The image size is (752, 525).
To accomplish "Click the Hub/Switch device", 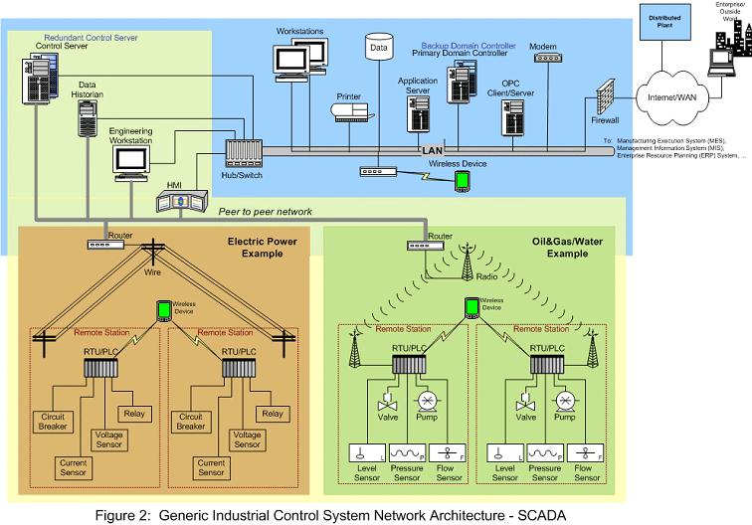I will pyautogui.click(x=241, y=153).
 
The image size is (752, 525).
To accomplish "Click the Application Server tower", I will pyautogui.click(x=418, y=117).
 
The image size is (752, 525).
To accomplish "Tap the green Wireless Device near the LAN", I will pyautogui.click(x=462, y=180).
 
